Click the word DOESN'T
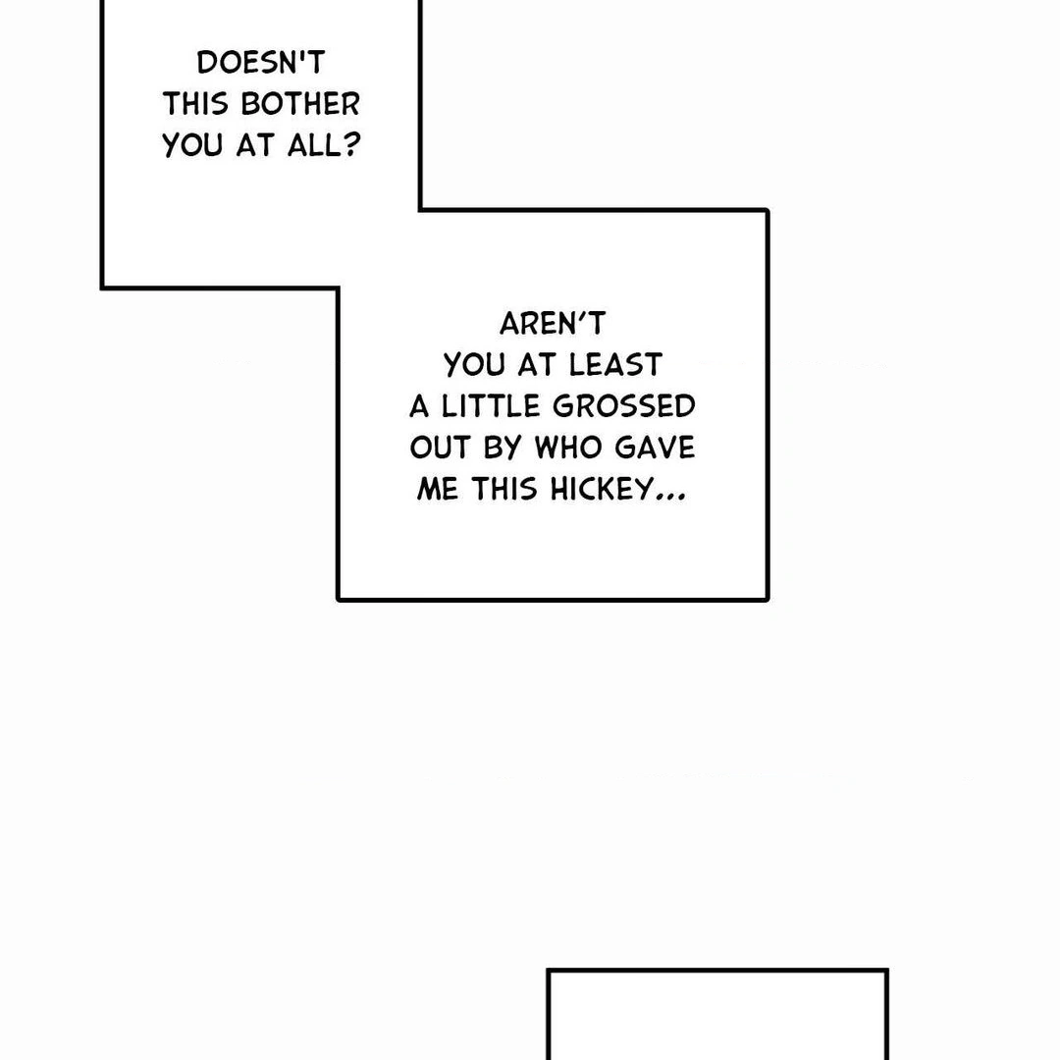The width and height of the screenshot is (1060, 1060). [x=260, y=63]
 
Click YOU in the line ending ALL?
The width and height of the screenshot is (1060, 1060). [x=193, y=145]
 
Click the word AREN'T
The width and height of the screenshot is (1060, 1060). [x=553, y=324]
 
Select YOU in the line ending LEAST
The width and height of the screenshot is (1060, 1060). [x=475, y=365]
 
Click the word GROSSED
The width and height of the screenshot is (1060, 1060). [x=624, y=406]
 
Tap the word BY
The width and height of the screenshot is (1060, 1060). [x=503, y=448]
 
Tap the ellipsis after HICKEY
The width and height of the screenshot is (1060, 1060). [x=670, y=495]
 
